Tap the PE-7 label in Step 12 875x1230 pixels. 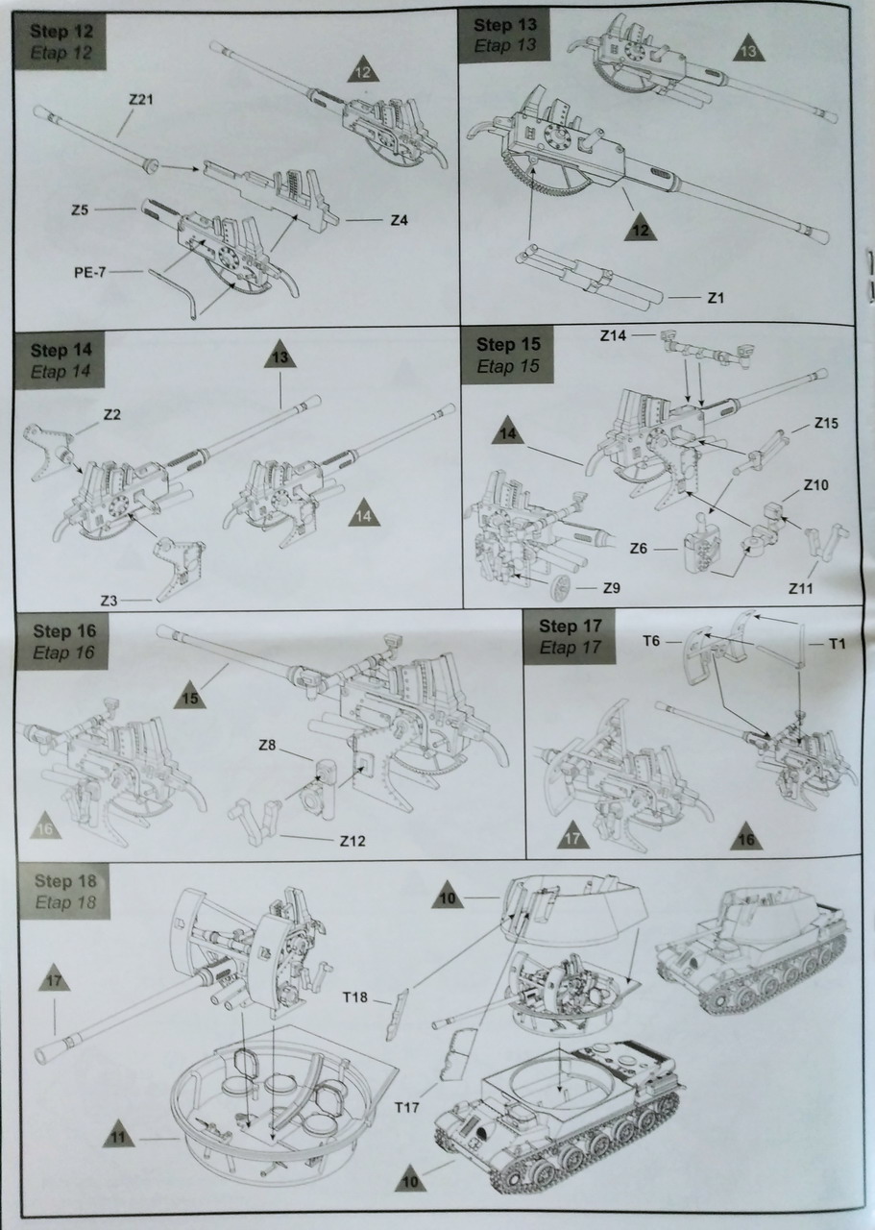click(x=91, y=272)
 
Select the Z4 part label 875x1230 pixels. click(x=400, y=220)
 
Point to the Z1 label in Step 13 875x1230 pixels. click(x=715, y=298)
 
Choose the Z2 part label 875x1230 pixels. click(x=110, y=415)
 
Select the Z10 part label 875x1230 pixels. click(x=814, y=484)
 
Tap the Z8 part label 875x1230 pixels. click(x=270, y=745)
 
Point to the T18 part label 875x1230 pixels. click(x=356, y=996)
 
